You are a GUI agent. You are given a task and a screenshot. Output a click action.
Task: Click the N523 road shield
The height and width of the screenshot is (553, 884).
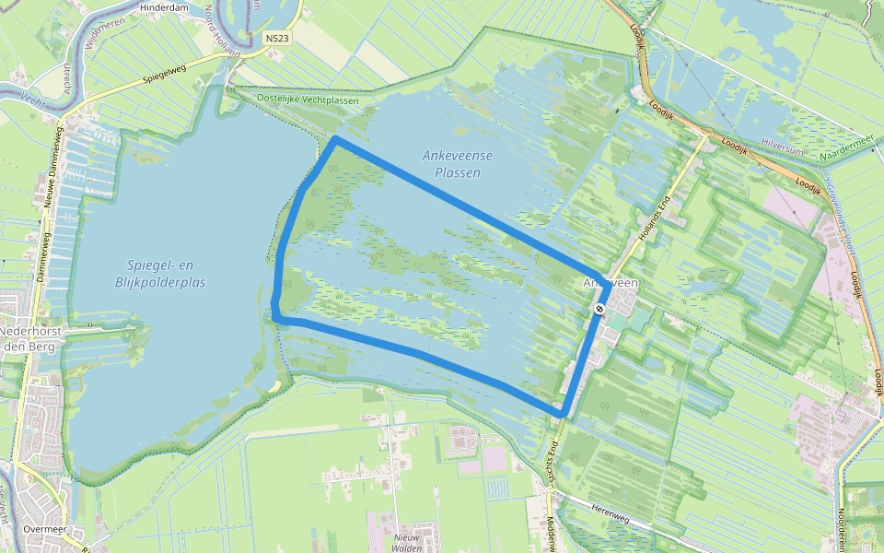[276, 38]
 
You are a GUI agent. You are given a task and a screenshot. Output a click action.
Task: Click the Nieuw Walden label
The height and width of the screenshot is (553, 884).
[406, 541]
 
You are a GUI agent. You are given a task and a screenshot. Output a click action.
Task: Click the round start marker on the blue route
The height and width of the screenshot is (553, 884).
[599, 309]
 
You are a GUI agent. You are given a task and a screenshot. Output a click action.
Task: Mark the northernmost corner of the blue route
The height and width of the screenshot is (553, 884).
[336, 140]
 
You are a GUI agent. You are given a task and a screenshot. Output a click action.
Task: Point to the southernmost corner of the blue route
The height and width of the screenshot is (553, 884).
[561, 412]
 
